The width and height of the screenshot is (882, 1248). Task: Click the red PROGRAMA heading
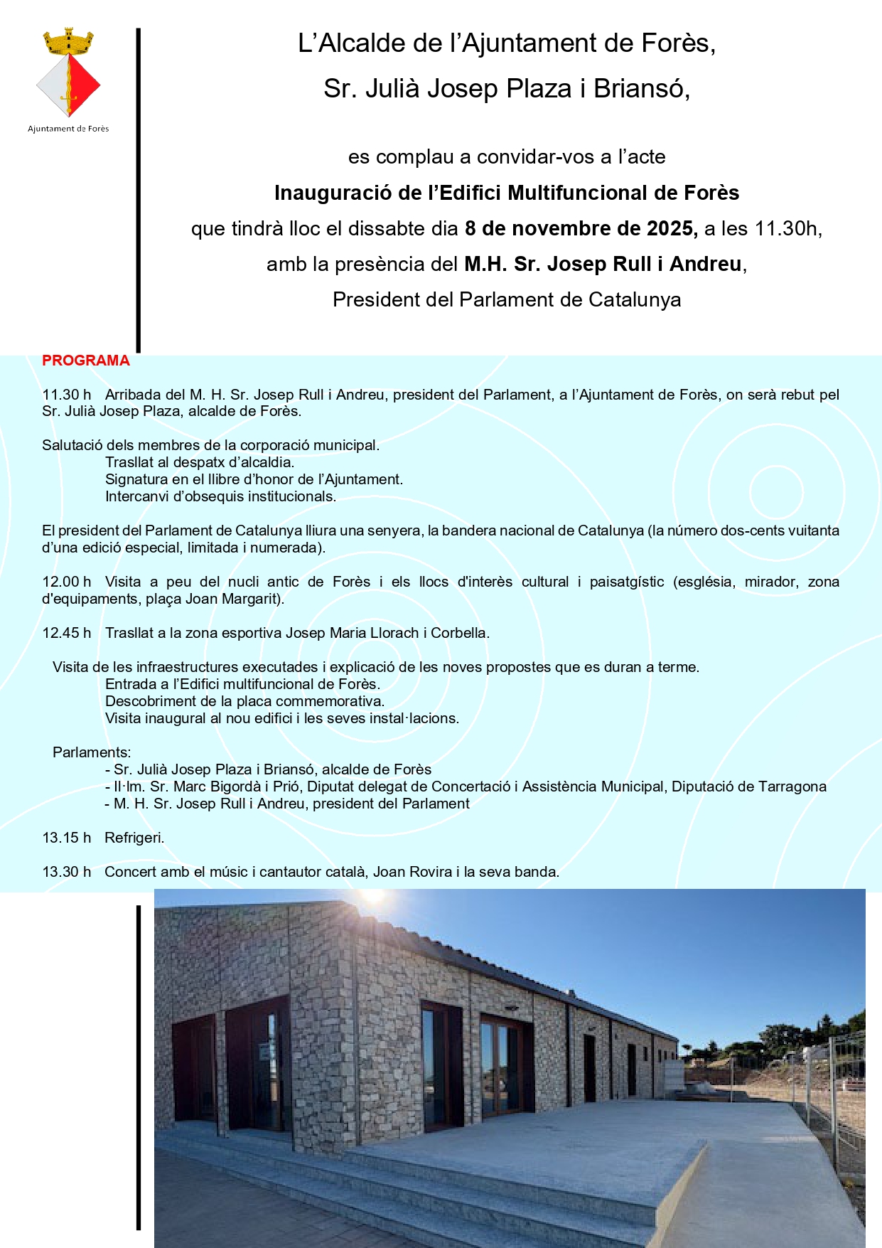click(x=86, y=361)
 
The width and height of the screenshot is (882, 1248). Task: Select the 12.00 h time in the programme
click(x=67, y=582)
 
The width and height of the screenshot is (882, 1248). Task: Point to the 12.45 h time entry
click(x=67, y=633)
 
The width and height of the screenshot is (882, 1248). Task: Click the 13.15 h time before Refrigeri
click(x=67, y=838)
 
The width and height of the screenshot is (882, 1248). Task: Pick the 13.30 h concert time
click(x=67, y=872)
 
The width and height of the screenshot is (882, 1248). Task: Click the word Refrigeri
click(x=134, y=838)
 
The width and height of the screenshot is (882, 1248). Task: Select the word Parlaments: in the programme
click(x=92, y=752)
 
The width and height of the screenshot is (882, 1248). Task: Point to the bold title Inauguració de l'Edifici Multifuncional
click(x=507, y=193)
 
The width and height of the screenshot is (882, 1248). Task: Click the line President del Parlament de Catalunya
click(x=507, y=300)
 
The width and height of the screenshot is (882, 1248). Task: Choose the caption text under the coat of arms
click(x=68, y=129)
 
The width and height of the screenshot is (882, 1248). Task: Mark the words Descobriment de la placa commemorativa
click(x=244, y=701)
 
